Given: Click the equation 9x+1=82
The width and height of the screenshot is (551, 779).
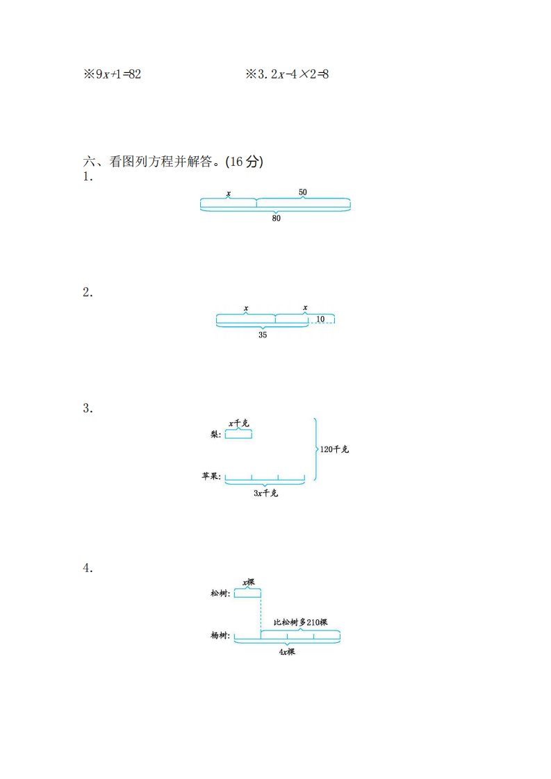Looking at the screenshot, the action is [118, 74].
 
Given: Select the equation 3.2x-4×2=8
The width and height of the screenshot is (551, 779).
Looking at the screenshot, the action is [293, 74].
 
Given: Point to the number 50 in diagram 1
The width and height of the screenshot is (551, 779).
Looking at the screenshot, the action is [303, 192].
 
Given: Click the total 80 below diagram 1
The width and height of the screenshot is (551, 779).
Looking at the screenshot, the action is [276, 218].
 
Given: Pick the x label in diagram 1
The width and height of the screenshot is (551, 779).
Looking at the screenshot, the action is [229, 193].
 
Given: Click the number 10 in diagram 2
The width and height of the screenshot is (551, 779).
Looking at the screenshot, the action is [320, 319].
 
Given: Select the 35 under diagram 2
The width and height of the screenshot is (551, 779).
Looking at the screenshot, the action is [263, 335].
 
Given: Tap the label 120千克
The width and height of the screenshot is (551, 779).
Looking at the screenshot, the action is [334, 449].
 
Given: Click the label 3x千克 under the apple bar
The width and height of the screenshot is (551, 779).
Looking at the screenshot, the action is [265, 493].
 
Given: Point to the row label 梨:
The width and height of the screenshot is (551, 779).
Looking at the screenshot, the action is [216, 434].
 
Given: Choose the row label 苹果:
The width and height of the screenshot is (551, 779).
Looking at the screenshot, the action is [211, 476].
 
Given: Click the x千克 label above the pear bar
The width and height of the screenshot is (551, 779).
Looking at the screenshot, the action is [239, 424].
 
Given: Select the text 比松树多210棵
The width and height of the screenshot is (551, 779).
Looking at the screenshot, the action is [300, 622].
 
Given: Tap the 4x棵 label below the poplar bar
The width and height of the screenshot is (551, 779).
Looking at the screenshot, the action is [287, 651].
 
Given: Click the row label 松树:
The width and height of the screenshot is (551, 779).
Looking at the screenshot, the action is [220, 593].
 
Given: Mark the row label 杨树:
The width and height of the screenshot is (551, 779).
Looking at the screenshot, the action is [220, 635].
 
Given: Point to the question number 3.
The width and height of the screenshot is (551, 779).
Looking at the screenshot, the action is [88, 408].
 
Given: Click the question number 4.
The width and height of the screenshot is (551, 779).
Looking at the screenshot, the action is [88, 568].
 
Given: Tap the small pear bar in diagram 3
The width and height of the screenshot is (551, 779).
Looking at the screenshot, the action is [239, 435].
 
